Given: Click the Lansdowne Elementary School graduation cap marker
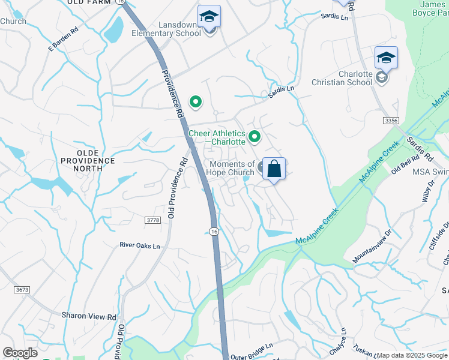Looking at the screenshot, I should [x=209, y=16].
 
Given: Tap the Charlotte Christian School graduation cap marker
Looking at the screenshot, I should [x=386, y=58].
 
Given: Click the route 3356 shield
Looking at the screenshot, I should [x=391, y=121].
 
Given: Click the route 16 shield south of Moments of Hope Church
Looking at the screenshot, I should [x=214, y=231].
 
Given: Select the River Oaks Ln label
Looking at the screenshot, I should [x=140, y=245].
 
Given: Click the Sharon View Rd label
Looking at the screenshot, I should [x=89, y=316].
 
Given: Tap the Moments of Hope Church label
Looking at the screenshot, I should [x=231, y=168].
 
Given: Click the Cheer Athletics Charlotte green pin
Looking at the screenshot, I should [x=255, y=137].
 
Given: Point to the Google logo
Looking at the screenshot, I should [x=20, y=353].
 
